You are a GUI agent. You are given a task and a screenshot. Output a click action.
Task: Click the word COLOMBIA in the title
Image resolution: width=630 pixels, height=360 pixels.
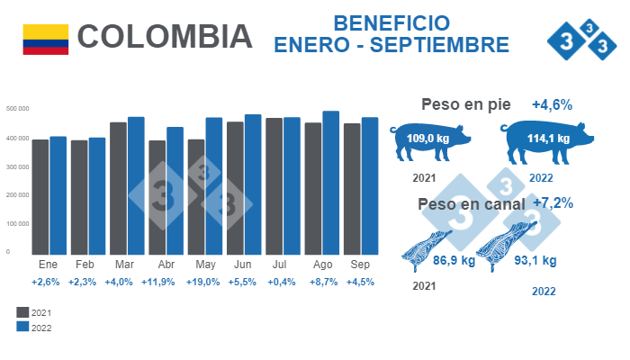[x=165, y=37]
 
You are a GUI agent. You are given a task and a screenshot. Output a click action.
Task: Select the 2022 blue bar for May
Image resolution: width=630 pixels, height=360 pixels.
[x=214, y=186]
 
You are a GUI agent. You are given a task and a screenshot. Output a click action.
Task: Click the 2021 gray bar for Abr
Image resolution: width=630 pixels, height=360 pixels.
[x=157, y=198]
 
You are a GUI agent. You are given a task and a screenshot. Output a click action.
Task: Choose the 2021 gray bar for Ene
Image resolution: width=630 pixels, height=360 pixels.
[x=40, y=197]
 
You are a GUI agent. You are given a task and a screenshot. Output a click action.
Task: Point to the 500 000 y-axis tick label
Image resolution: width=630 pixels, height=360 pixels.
[x=19, y=109]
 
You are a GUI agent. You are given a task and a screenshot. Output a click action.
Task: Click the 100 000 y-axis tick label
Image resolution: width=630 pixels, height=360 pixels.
[x=19, y=223]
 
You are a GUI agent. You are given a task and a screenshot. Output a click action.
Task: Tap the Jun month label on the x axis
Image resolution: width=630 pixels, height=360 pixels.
[x=242, y=266]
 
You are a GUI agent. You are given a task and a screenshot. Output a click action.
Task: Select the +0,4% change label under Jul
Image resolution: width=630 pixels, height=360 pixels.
[x=283, y=282]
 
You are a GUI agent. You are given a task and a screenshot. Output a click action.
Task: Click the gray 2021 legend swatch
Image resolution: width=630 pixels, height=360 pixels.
[x=23, y=311]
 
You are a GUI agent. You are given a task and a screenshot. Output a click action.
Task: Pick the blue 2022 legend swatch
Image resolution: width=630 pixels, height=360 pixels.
[x=23, y=328]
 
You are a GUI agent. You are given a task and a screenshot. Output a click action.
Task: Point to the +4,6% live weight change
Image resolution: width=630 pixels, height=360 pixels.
[x=552, y=105]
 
